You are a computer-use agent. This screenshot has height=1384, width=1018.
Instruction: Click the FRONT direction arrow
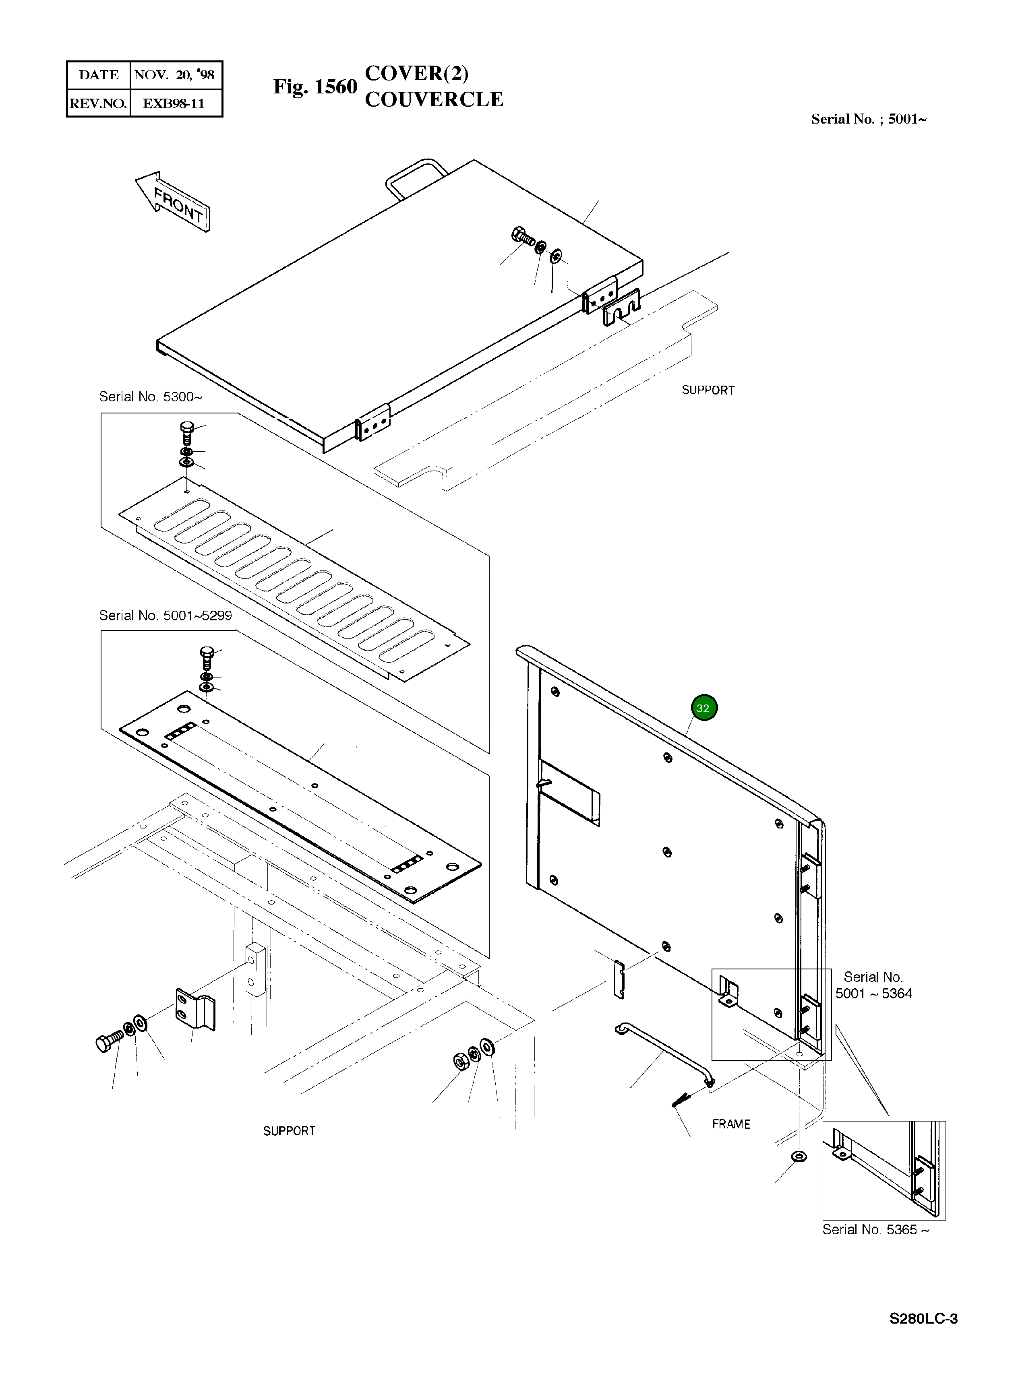click(174, 202)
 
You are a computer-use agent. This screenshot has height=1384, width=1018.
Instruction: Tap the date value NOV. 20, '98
click(174, 75)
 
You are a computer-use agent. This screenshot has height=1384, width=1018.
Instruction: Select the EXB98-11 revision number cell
click(174, 103)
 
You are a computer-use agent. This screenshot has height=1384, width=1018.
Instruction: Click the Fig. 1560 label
click(315, 87)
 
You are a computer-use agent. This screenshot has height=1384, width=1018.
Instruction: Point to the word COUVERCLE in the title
click(434, 100)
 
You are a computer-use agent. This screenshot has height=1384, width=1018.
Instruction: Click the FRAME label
click(731, 1124)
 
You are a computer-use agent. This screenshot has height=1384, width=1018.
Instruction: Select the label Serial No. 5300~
click(150, 397)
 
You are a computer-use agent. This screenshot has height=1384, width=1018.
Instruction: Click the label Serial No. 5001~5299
click(165, 616)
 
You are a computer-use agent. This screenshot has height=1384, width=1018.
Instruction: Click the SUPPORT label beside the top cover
click(708, 390)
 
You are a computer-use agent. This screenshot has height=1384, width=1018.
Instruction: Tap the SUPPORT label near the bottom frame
click(289, 1131)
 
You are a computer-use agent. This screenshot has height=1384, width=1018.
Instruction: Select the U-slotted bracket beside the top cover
click(621, 308)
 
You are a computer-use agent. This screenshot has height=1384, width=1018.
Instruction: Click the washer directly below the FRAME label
click(799, 1157)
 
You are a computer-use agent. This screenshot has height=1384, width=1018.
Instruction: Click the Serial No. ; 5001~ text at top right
click(868, 120)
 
